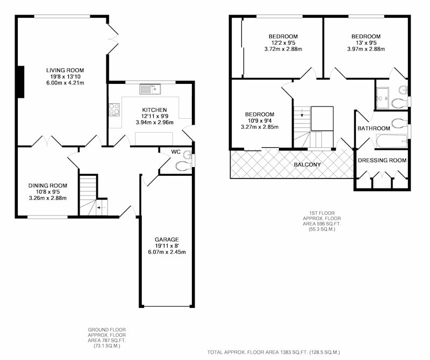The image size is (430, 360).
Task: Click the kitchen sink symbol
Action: click(150, 89)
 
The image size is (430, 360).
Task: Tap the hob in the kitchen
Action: click(114, 109)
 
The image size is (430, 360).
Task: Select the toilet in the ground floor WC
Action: click(183, 165)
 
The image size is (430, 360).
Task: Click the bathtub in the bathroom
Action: click(392, 141)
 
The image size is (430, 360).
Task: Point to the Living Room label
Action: click(65, 70)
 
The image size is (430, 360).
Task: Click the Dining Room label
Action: click(48, 185)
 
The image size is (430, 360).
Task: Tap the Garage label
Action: click(167, 239)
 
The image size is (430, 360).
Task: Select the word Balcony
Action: click(307, 164)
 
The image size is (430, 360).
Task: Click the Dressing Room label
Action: click(382, 161)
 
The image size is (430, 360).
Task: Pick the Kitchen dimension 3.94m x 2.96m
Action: click(155, 123)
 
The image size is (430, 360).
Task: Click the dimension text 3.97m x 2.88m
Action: click(366, 49)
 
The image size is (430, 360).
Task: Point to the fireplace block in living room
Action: click(20, 82)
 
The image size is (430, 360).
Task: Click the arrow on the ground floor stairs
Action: click(101, 207)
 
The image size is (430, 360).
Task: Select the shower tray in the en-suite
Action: click(382, 98)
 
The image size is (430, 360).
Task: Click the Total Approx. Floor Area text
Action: click(274, 352)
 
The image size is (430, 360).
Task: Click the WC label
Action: click(176, 152)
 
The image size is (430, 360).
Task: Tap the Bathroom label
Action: click(374, 128)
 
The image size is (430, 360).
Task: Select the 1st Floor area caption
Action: click(322, 221)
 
